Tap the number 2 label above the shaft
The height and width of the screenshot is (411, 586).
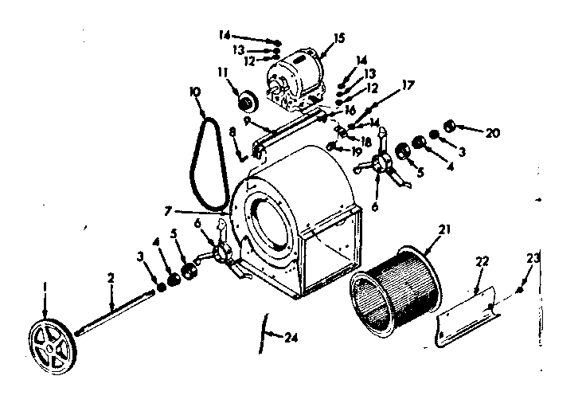click(x=111, y=278)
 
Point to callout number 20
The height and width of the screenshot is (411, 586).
click(x=493, y=132)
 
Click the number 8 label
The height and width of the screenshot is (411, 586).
click(x=232, y=131)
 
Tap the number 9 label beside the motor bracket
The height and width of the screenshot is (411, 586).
click(x=248, y=120)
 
